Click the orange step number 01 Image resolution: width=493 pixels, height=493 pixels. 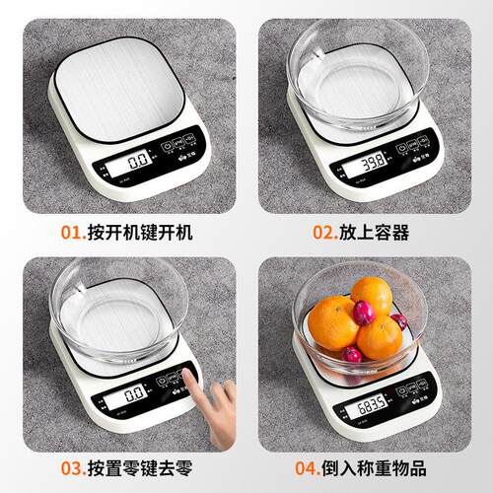click(71, 233)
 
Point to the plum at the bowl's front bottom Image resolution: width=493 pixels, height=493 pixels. click(352, 354)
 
